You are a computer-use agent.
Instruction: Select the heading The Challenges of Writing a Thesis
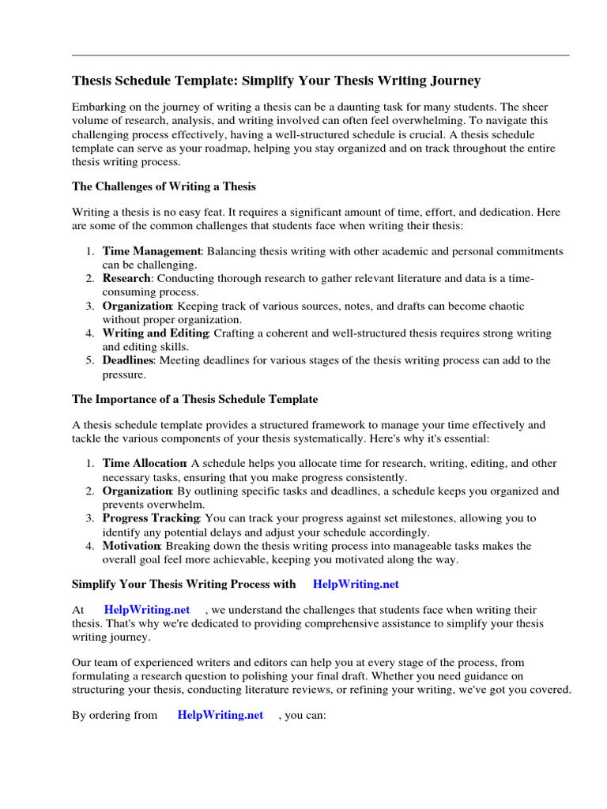point(164,186)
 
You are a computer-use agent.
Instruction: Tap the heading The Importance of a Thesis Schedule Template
point(194,399)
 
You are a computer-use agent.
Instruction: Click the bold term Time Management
point(152,250)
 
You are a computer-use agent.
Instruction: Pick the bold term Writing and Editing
point(155,333)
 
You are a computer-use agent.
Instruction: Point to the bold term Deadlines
point(128,360)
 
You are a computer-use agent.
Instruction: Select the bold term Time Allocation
point(144,463)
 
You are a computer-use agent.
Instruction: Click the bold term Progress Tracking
point(151,518)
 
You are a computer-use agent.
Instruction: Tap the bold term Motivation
point(131,546)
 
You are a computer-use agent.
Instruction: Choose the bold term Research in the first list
point(126,278)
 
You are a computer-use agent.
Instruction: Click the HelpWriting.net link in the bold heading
point(356,584)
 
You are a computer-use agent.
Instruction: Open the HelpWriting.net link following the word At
point(147,610)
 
